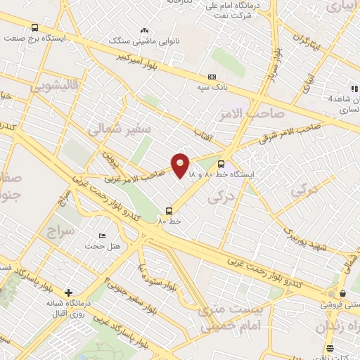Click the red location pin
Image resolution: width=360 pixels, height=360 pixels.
(x=181, y=165)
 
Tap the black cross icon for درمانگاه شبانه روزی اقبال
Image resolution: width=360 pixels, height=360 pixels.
(x=68, y=292)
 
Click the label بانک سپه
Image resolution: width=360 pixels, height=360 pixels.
(x=212, y=87)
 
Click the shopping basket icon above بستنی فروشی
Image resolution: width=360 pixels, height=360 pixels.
(x=342, y=293)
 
